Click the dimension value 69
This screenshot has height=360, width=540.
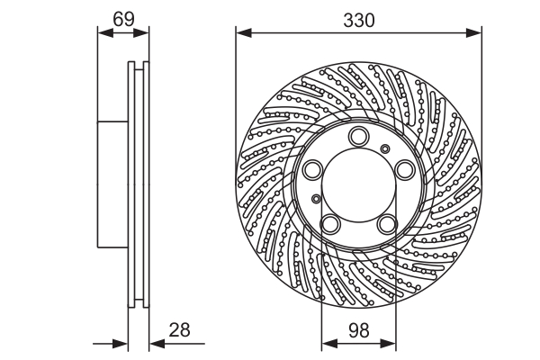[122, 17]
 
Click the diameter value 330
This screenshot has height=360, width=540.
[358, 17]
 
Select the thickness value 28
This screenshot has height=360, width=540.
[180, 329]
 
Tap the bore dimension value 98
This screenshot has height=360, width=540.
[358, 329]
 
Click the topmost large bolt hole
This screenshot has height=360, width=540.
[358, 137]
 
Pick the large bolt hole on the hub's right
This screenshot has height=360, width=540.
[403, 170]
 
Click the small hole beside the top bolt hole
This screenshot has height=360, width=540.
[385, 148]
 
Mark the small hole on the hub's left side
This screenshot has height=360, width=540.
[315, 199]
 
